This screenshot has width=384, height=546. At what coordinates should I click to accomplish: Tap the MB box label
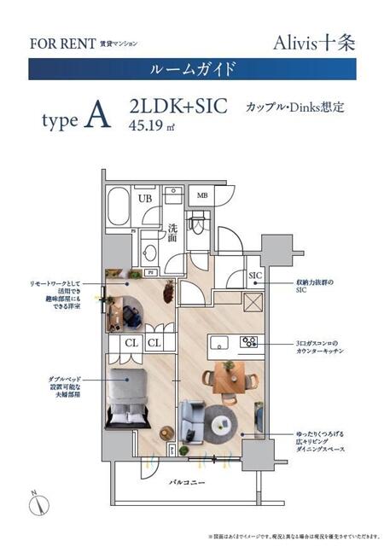click(201, 195)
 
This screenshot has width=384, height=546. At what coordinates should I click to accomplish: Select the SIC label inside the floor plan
click(254, 276)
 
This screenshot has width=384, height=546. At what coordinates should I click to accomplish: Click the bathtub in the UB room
click(119, 207)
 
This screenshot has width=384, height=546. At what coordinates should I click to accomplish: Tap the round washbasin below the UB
click(150, 253)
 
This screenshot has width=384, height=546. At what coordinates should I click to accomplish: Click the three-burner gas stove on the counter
click(249, 342)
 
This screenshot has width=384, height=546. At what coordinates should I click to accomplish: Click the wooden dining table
click(228, 376)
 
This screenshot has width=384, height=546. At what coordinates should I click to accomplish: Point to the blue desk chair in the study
click(130, 315)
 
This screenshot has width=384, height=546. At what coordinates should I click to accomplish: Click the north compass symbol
click(37, 502)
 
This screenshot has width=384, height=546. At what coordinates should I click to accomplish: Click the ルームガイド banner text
click(191, 68)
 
